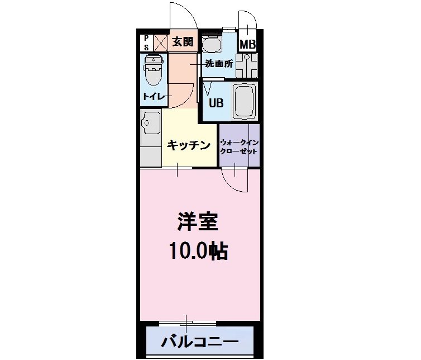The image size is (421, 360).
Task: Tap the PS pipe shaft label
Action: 146,42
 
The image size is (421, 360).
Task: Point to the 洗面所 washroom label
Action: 219,63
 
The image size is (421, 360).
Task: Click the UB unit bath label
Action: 216,103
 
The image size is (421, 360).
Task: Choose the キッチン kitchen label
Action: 189,145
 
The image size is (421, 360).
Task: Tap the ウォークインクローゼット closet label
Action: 240,146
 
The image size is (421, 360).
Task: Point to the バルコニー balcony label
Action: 200,341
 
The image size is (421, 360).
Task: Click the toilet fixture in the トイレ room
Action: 152,69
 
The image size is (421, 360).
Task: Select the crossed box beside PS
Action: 160,42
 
